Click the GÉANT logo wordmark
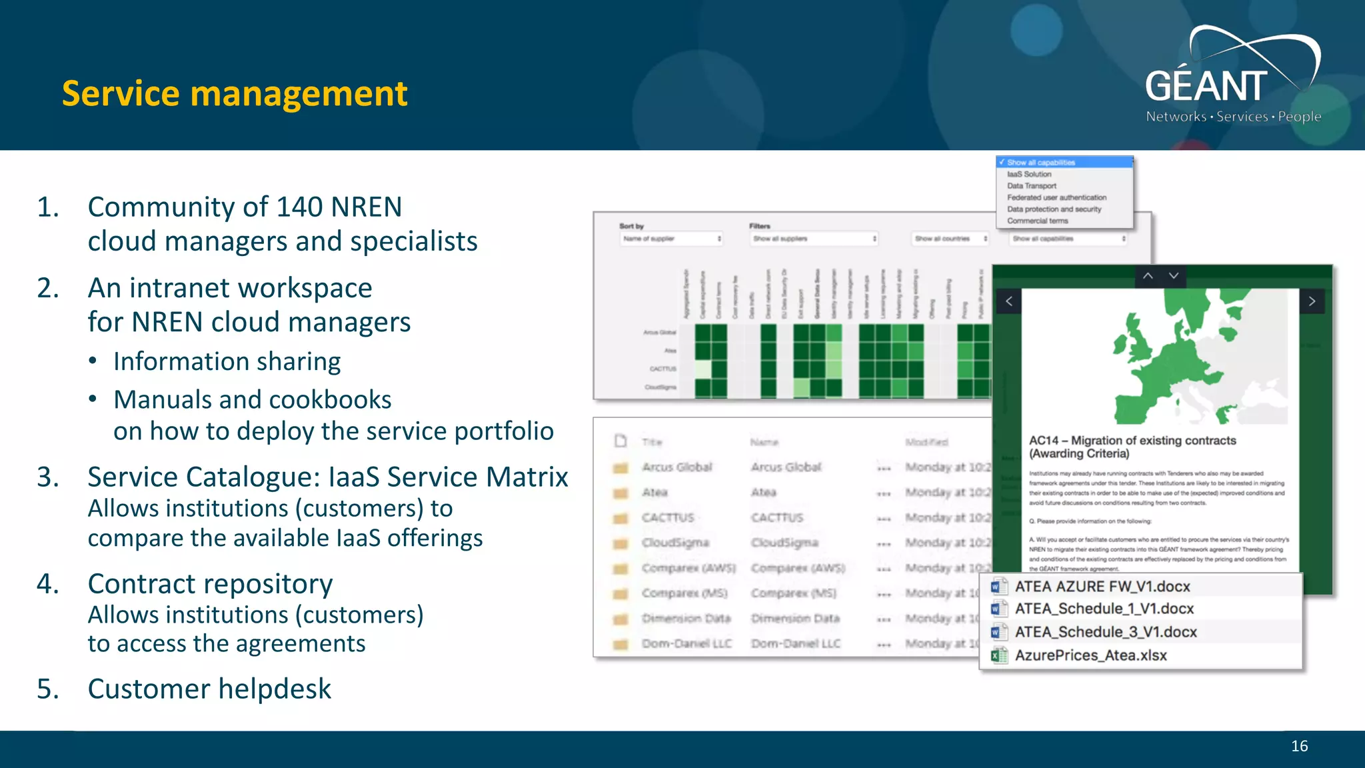point(1206,87)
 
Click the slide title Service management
point(234,94)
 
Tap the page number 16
point(1299,746)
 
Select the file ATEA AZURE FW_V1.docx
point(1102,587)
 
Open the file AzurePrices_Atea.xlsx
point(1090,655)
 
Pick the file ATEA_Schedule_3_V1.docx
point(1105,632)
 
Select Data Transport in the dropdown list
point(1031,186)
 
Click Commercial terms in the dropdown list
point(1037,221)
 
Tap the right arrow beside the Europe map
point(1312,301)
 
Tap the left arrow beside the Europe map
point(1009,301)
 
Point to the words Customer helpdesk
point(209,689)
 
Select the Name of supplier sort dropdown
point(672,239)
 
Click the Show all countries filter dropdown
point(950,239)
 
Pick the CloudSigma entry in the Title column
point(675,543)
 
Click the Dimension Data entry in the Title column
point(686,619)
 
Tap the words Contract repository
point(210,584)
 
